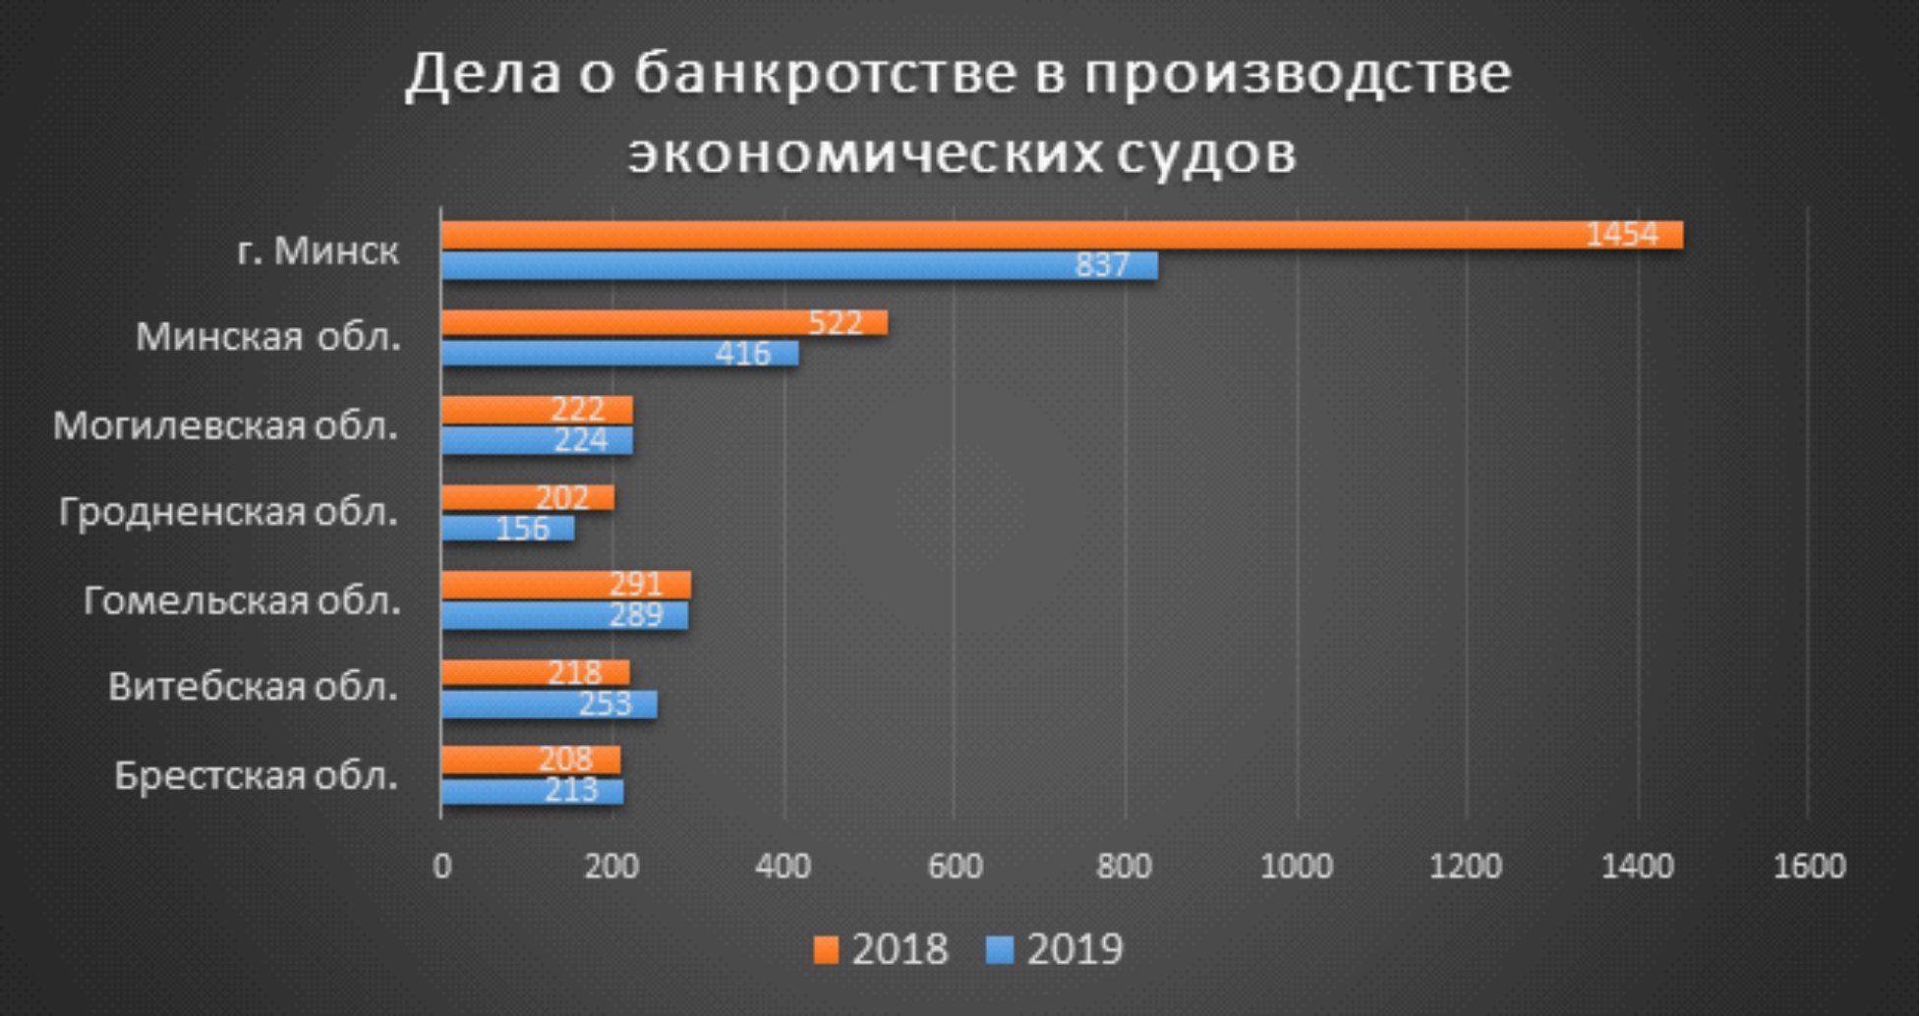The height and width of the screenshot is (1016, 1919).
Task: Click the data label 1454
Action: tap(1622, 236)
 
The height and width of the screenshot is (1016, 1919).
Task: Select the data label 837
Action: tap(1102, 266)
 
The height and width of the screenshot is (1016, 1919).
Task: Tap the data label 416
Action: tap(742, 354)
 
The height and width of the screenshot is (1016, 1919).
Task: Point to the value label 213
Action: tap(570, 791)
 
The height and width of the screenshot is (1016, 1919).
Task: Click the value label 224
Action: tap(580, 440)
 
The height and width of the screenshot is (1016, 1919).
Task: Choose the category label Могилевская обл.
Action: tap(226, 426)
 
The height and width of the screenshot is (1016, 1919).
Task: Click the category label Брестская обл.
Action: tap(257, 776)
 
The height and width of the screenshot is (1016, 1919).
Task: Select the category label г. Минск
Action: tap(318, 252)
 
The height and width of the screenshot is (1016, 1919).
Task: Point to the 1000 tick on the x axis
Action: tap(1296, 867)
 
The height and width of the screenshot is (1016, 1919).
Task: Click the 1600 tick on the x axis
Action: tap(1809, 867)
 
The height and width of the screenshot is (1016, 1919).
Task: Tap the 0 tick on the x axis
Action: tap(441, 867)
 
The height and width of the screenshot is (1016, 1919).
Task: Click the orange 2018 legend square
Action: tap(828, 950)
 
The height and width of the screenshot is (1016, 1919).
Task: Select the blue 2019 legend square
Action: tap(1001, 950)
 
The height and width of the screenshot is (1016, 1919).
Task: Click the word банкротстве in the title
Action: tap(824, 75)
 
